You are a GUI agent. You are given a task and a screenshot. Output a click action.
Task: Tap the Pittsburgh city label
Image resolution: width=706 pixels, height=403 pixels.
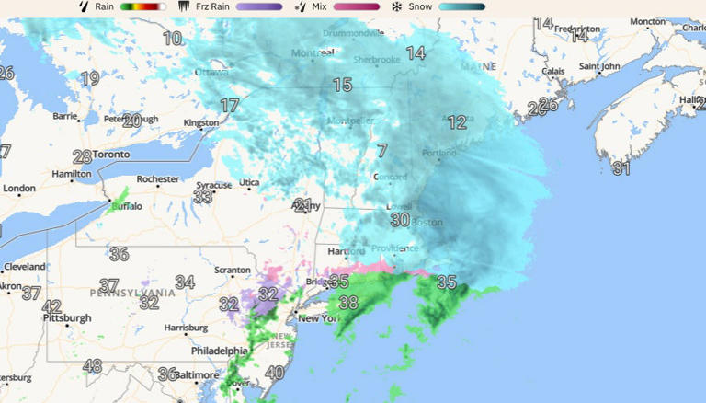(x=67, y=318)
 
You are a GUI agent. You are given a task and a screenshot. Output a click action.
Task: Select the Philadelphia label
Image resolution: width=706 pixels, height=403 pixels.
(x=219, y=351)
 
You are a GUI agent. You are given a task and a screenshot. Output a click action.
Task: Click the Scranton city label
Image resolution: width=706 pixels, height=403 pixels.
(x=232, y=271)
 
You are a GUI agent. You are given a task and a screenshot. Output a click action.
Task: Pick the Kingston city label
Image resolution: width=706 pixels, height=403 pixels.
(x=201, y=122)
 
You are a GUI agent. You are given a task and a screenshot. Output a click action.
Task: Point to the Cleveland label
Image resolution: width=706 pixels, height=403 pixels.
(x=25, y=267)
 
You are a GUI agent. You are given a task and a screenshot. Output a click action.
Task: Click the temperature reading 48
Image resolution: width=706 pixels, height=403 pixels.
(x=92, y=366)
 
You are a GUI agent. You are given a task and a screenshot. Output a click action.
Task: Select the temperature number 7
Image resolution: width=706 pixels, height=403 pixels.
(x=381, y=151)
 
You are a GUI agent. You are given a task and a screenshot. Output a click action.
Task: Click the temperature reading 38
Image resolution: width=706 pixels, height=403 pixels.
(x=347, y=302)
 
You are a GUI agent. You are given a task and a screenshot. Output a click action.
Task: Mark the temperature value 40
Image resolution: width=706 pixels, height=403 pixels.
(x=274, y=373)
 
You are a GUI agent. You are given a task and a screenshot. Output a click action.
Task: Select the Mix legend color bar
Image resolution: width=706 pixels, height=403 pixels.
(x=356, y=6)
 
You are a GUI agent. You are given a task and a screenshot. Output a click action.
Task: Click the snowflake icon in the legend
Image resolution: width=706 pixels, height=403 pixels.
(x=397, y=6)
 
